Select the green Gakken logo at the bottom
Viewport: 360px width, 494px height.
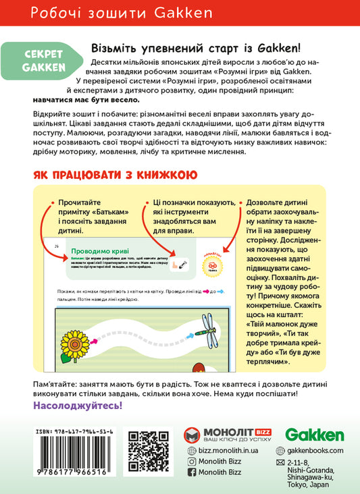(314, 435)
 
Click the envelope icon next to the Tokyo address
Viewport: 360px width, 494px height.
(281, 464)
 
